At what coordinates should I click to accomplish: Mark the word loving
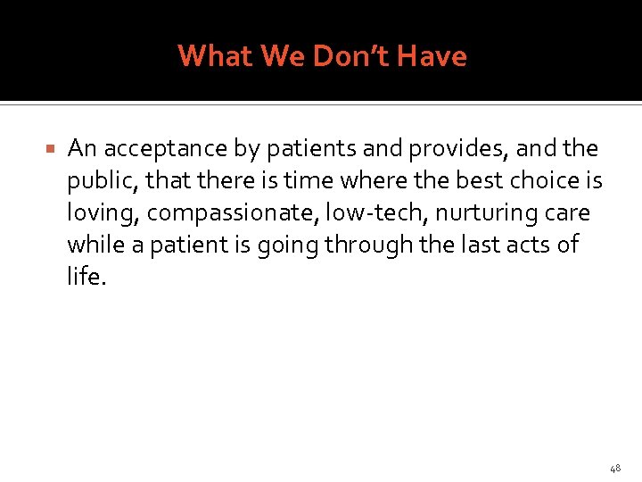point(103,213)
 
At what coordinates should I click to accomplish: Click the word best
point(481,180)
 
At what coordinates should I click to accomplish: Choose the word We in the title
point(277,56)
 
